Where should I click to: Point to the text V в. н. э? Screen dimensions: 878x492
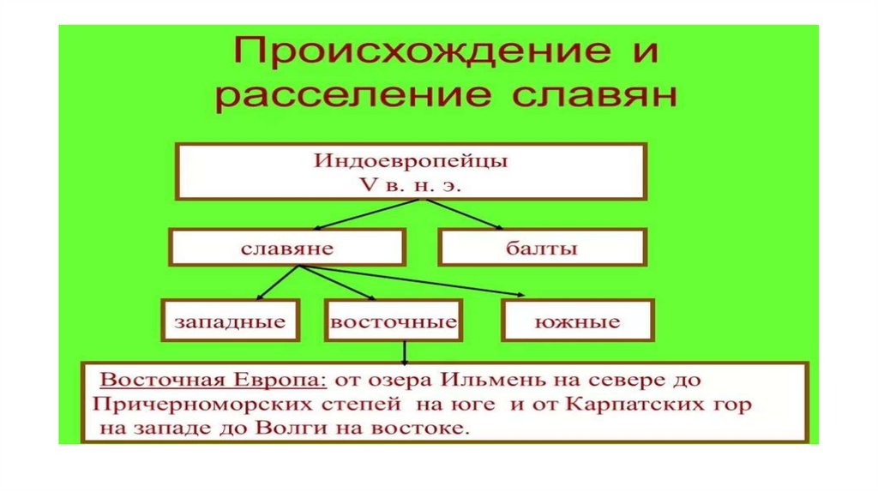pos(410,183)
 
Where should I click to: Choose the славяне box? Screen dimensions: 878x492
pos(286,249)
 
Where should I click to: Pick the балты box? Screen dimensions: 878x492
pos(542,249)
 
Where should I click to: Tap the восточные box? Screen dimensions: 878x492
pos(393,322)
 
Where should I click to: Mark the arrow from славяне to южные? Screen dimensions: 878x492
pos(412,281)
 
